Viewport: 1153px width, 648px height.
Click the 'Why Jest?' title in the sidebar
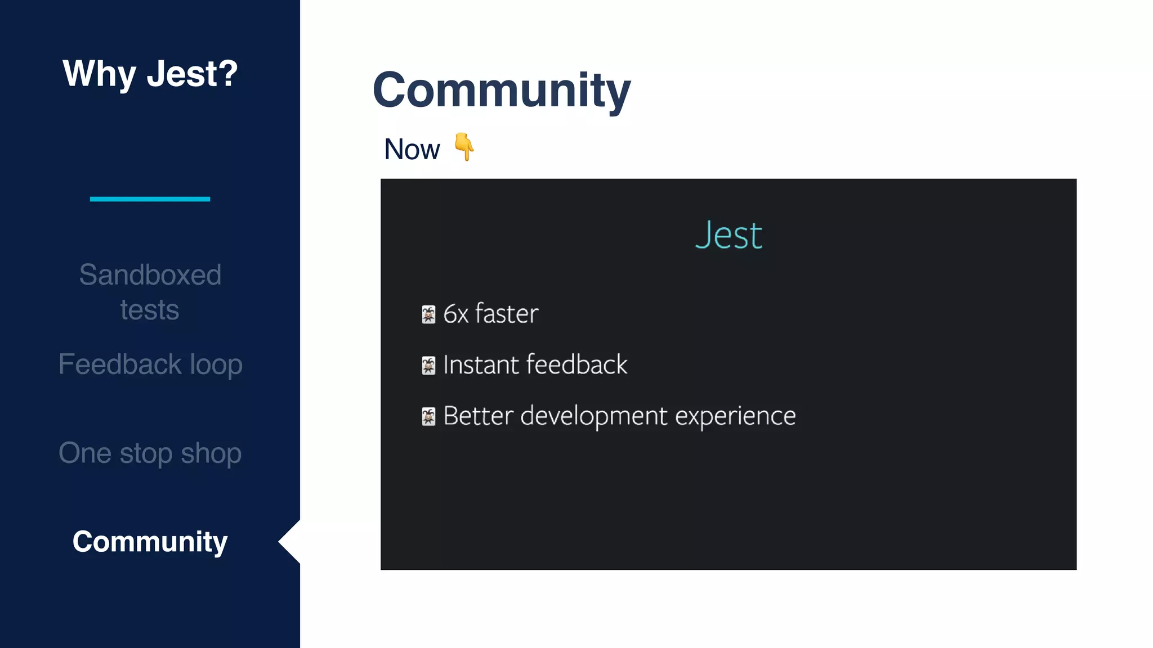pyautogui.click(x=150, y=74)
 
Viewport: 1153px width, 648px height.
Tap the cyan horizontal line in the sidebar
pyautogui.click(x=150, y=199)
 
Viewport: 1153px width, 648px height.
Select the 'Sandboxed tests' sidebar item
pyautogui.click(x=150, y=292)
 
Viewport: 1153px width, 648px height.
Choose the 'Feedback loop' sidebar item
pyautogui.click(x=150, y=364)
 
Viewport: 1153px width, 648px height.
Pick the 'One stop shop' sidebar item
pyautogui.click(x=150, y=453)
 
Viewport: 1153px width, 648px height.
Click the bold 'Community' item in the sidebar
pyautogui.click(x=150, y=542)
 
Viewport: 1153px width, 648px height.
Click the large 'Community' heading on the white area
pyautogui.click(x=501, y=90)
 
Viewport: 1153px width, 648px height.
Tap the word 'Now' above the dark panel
pyautogui.click(x=412, y=150)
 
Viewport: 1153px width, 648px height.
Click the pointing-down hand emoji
pyautogui.click(x=464, y=147)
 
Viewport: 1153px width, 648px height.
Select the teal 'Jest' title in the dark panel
pyautogui.click(x=729, y=235)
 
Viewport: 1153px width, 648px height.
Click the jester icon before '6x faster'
pyautogui.click(x=428, y=314)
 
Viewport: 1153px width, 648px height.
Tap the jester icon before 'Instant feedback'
pyautogui.click(x=428, y=366)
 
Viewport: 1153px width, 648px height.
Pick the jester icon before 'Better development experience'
pyautogui.click(x=428, y=417)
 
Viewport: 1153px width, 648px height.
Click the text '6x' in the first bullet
pyautogui.click(x=455, y=314)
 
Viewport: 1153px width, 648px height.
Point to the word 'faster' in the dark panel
pyautogui.click(x=507, y=313)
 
